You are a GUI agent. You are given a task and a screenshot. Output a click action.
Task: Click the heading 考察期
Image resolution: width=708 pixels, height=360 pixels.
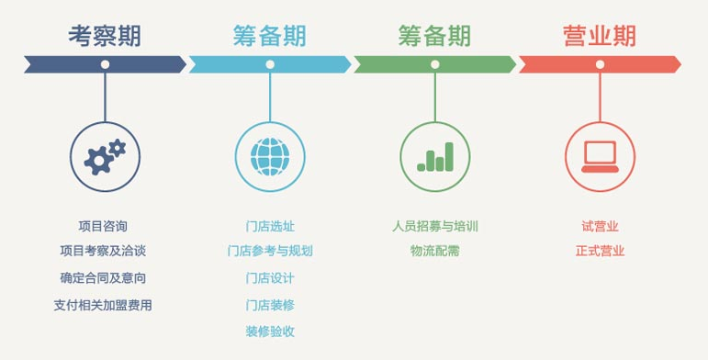[x=105, y=36]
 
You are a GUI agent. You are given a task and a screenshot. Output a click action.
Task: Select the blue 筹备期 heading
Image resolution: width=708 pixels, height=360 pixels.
[x=269, y=36]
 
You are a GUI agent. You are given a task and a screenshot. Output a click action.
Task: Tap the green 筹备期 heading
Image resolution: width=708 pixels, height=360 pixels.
[x=434, y=36]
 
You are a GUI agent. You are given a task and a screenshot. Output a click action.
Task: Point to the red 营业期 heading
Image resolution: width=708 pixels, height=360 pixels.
[x=599, y=36]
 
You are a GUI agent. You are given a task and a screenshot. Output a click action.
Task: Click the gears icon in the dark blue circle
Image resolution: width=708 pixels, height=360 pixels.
[x=105, y=156]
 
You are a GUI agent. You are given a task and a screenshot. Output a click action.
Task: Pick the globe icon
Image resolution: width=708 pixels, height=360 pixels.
[x=270, y=156]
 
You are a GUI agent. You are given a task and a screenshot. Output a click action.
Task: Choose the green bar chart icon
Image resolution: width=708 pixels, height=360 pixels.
[x=435, y=156]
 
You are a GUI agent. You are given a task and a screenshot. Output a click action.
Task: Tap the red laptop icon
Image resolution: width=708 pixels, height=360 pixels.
[x=600, y=156]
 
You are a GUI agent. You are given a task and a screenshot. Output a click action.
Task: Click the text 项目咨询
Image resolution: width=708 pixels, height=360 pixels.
[x=103, y=226]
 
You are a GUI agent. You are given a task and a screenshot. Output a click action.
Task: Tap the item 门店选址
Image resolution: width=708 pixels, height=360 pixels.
[x=270, y=226]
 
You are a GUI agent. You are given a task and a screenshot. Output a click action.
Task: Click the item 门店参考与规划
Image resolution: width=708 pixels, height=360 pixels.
[x=270, y=251]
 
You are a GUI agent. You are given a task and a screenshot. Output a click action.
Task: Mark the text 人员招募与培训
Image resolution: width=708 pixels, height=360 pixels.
[x=435, y=226]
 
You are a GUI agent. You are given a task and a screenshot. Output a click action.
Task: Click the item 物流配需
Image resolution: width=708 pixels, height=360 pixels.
[x=435, y=251]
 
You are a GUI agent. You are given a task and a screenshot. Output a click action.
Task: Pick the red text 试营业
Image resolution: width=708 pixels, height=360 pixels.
[x=600, y=226]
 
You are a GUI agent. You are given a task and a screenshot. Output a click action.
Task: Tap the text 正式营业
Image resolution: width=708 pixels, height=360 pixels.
[x=600, y=251]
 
